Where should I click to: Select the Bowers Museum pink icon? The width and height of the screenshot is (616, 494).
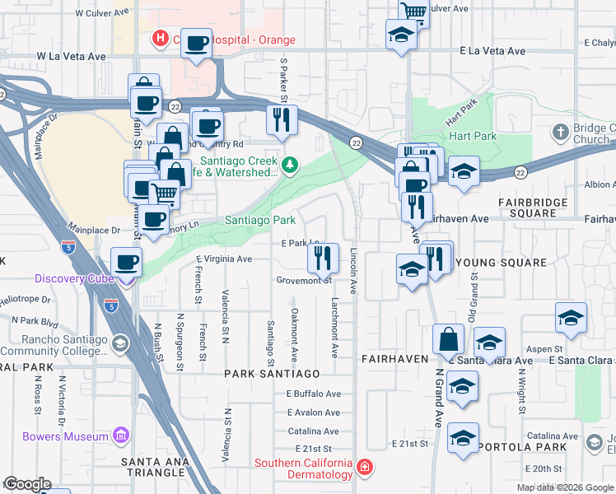coord(120,436)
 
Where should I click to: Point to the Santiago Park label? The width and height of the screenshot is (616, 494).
coord(260,221)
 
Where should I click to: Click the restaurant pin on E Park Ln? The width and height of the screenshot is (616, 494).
coord(323,258)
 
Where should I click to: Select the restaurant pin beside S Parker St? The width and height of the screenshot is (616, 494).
coord(282,119)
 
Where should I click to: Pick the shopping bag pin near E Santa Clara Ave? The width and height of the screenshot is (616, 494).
coord(449,338)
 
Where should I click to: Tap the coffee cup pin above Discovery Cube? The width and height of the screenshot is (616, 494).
coord(126,262)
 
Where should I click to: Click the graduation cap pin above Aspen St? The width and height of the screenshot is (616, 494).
coord(571,319)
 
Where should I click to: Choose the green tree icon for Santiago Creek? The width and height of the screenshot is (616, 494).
coord(289,166)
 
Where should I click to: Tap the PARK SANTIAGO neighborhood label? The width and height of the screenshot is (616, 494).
coord(272,373)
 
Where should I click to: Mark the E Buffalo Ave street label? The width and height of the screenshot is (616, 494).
coord(314,394)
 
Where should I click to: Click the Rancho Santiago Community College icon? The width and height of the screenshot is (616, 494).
coord(120,344)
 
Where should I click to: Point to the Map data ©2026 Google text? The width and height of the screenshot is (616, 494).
coord(565,487)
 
